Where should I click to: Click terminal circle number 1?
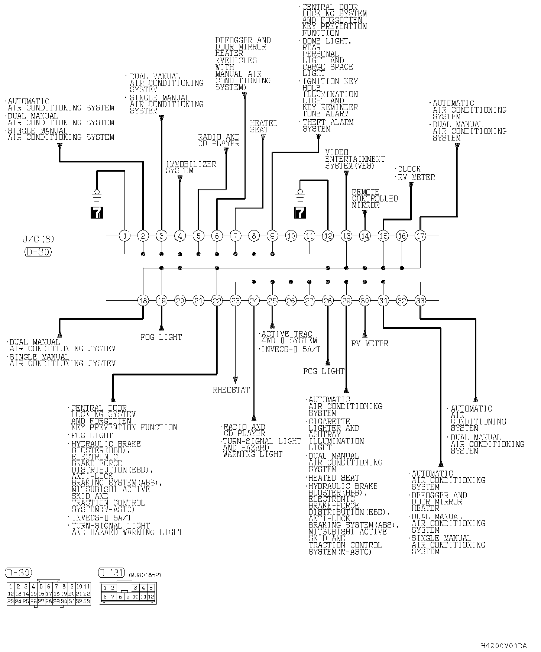[x=125, y=236]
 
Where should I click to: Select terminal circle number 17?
[x=420, y=236]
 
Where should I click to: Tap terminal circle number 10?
[x=291, y=236]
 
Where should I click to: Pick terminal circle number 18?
[x=143, y=300]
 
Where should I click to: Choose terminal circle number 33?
[x=420, y=300]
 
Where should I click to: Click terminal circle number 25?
[x=272, y=300]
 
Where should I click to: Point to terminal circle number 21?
[x=198, y=300]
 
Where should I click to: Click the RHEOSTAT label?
[x=231, y=390]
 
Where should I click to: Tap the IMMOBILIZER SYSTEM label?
[x=191, y=167]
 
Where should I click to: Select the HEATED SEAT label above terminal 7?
[x=263, y=126]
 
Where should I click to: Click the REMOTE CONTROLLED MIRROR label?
[x=375, y=198]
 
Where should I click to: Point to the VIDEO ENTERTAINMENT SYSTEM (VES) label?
[x=355, y=159]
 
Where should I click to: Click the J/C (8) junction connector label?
[x=38, y=239]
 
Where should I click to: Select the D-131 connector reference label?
[x=111, y=573]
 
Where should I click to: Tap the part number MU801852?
[x=145, y=575]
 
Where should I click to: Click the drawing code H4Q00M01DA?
[x=503, y=646]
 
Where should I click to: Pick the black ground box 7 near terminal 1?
[x=97, y=213]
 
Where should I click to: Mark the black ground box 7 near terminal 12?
[x=300, y=213]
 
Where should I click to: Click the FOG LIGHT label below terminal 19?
[x=161, y=337]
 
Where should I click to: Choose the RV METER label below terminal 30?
[x=370, y=343]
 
